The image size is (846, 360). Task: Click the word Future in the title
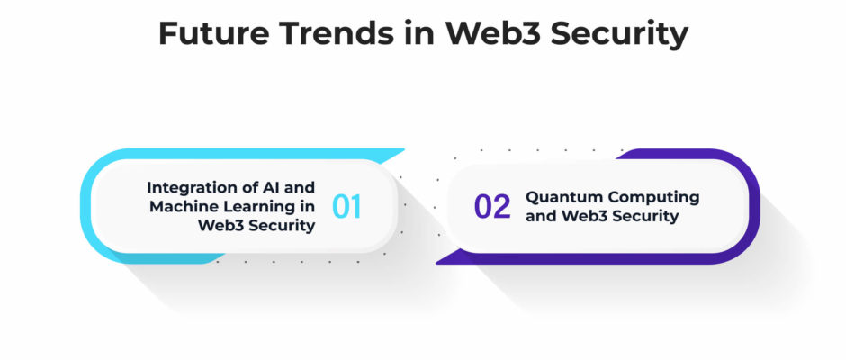coord(213,33)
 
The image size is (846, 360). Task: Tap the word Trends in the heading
coord(336,33)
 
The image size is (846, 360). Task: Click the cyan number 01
coord(346,207)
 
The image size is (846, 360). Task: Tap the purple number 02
coord(492,207)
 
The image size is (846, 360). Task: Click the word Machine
coord(178,206)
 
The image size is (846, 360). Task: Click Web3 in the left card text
coord(219,226)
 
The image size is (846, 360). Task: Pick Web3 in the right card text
coord(582,216)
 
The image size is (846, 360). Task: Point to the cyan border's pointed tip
coord(404,149)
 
